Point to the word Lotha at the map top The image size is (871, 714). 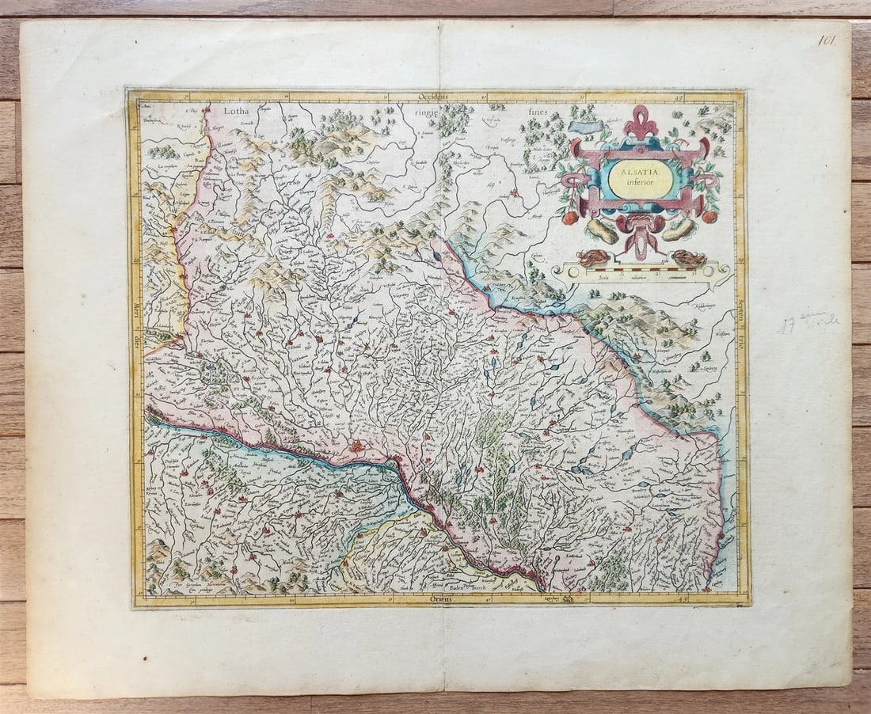pyautogui.click(x=236, y=112)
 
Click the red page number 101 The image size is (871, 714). pyautogui.click(x=827, y=40)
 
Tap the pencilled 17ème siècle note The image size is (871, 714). pyautogui.click(x=808, y=323)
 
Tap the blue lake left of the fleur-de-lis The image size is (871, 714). pyautogui.click(x=586, y=126)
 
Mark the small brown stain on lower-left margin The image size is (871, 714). pyautogui.click(x=145, y=657)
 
